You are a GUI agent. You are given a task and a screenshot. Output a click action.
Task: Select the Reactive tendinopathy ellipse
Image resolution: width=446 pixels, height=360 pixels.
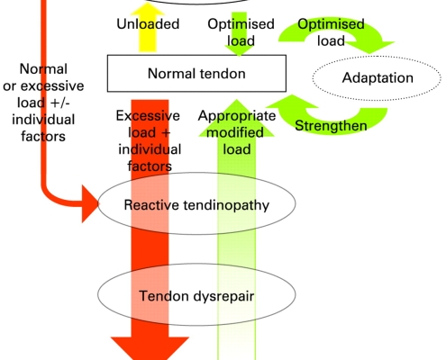196,172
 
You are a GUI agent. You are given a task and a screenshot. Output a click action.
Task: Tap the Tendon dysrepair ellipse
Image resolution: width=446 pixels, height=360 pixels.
196,264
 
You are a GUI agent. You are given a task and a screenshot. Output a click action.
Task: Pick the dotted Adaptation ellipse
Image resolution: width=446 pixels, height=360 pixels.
377,56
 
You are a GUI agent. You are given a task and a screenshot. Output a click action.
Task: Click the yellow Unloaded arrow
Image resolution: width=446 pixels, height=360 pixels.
148,30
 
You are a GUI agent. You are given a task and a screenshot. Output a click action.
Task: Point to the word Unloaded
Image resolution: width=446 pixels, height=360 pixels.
148,24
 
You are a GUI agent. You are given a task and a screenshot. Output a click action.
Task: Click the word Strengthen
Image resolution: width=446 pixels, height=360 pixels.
331,126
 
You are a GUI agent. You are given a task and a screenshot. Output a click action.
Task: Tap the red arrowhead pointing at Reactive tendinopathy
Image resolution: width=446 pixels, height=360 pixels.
90,204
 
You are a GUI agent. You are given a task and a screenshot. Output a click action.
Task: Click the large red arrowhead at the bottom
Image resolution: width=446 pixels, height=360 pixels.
150,348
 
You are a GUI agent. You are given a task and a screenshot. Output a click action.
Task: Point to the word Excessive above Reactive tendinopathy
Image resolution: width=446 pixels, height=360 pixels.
148,116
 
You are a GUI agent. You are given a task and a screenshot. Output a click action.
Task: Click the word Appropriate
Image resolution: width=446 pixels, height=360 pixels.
237,116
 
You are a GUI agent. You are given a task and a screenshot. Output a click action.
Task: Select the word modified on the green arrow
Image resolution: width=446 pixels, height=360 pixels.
235,132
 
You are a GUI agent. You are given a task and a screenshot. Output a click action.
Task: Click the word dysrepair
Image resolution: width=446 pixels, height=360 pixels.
223,297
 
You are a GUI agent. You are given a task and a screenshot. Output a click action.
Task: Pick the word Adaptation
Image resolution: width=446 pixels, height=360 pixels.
378,78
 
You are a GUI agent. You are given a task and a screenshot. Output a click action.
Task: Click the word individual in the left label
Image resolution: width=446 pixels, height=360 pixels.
43,120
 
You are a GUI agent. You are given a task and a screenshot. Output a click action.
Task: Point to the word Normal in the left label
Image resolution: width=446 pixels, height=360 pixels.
43,69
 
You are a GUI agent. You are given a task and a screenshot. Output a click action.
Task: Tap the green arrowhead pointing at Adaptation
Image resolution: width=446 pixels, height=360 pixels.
370,47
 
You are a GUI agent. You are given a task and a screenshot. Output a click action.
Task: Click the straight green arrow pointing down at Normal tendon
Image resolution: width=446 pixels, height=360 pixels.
240,33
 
